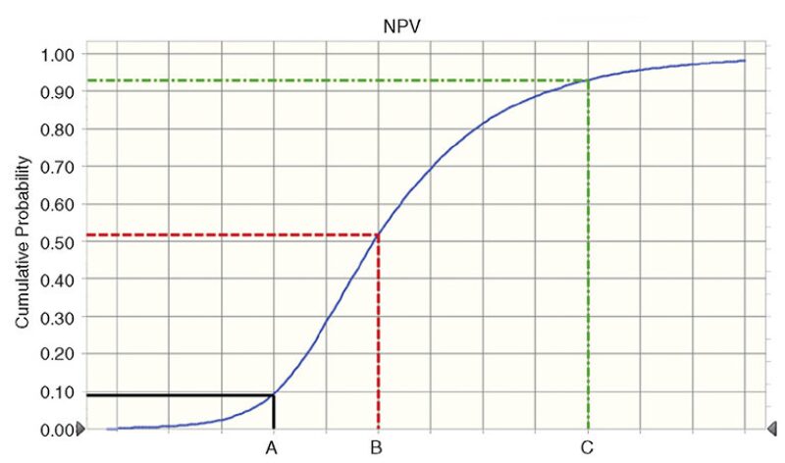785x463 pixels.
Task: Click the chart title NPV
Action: pyautogui.click(x=394, y=24)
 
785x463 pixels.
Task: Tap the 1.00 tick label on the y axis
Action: pyautogui.click(x=55, y=54)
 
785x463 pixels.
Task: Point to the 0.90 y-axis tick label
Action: pyautogui.click(x=55, y=91)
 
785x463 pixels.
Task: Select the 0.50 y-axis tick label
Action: pyautogui.click(x=55, y=241)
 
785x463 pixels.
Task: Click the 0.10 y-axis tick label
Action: pyautogui.click(x=55, y=391)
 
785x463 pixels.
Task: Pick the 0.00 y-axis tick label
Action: pyautogui.click(x=55, y=429)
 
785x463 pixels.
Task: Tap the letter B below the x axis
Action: pyautogui.click(x=376, y=450)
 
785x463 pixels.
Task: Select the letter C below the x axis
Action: pyautogui.click(x=588, y=450)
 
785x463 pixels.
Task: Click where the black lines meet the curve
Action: pyautogui.click(x=273, y=394)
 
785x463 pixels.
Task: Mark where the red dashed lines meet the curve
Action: pyautogui.click(x=378, y=234)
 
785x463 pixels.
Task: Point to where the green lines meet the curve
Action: pyautogui.click(x=588, y=80)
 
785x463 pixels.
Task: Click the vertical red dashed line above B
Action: pyautogui.click(x=378, y=334)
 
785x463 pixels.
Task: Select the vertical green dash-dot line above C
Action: pyautogui.click(x=588, y=255)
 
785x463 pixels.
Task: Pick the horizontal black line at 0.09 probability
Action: pyautogui.click(x=177, y=395)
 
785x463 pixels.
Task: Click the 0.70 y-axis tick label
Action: pyautogui.click(x=55, y=166)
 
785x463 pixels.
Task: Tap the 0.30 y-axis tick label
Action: pyautogui.click(x=55, y=316)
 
